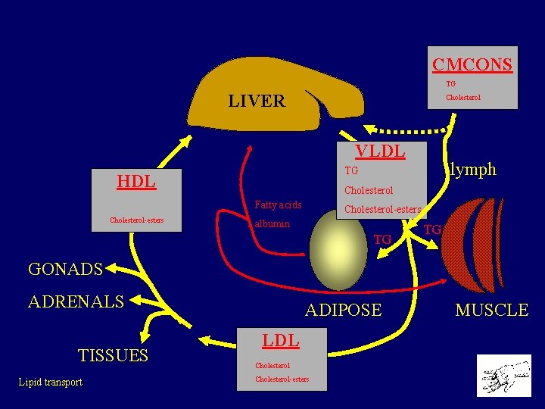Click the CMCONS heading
(472, 64)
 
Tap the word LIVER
(257, 101)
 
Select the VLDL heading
(381, 151)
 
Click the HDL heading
(136, 181)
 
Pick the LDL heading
(280, 340)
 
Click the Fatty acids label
(278, 204)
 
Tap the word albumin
(272, 224)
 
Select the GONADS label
(65, 269)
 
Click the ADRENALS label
(76, 301)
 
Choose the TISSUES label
(113, 355)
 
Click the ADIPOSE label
(343, 309)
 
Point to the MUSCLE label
(491, 309)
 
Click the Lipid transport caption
(51, 382)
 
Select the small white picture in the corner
(504, 375)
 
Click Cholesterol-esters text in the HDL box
(136, 221)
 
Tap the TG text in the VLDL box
(351, 171)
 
